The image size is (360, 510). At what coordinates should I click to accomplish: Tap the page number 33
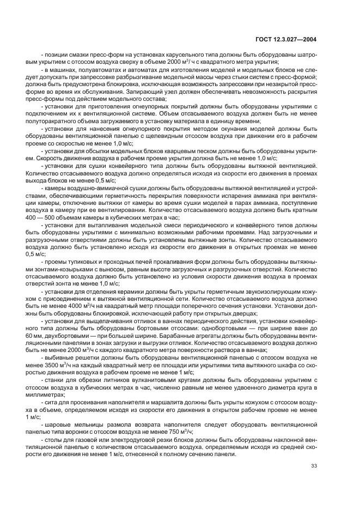pyautogui.click(x=314, y=465)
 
